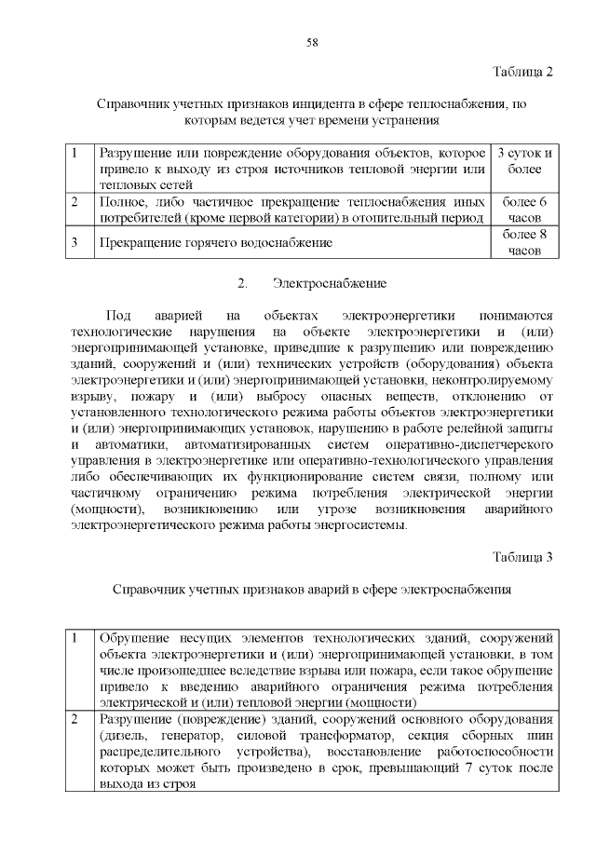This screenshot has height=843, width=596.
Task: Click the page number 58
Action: [x=312, y=43]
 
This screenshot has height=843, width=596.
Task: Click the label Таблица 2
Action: [x=523, y=72]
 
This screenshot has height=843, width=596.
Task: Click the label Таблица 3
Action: [x=523, y=557]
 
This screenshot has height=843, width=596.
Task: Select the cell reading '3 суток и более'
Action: [x=525, y=160]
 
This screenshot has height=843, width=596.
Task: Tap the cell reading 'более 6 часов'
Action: [x=525, y=209]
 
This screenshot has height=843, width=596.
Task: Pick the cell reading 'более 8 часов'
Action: [x=525, y=242]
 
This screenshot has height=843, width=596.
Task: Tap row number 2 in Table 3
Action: [x=74, y=721]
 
